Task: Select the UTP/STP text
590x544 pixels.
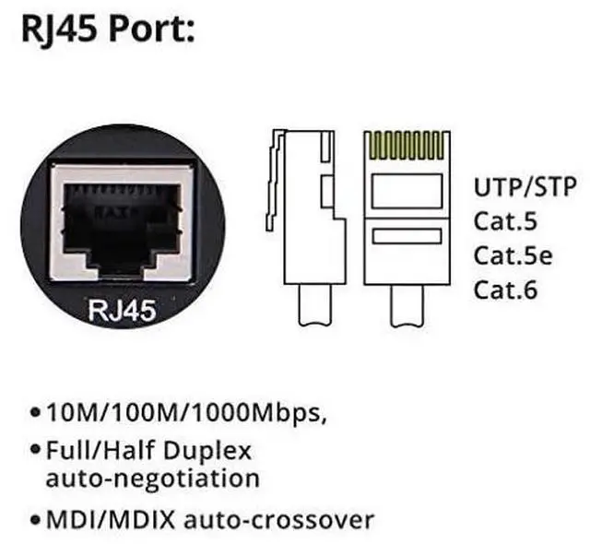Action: (x=525, y=187)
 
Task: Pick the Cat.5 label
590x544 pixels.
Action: (x=504, y=221)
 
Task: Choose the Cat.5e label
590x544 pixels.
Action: (x=513, y=255)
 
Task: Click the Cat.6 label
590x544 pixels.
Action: (x=504, y=290)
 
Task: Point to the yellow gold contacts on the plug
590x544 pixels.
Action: (x=407, y=146)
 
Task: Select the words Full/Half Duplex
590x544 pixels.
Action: (x=147, y=452)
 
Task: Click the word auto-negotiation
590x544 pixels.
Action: (x=152, y=479)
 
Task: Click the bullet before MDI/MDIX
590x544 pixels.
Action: (x=35, y=520)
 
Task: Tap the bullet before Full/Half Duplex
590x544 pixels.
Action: (x=35, y=453)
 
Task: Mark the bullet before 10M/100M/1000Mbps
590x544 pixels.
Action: (x=35, y=411)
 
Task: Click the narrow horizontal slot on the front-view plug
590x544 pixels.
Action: (x=407, y=236)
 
